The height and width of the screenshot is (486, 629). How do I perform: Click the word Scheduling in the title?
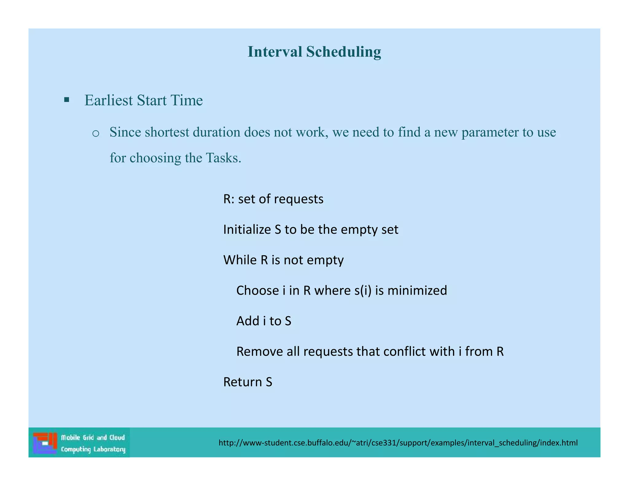coord(343,52)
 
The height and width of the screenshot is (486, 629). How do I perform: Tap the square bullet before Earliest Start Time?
coord(67,100)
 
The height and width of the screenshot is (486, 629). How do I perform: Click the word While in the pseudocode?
coord(240,260)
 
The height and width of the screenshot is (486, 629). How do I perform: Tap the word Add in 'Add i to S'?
coord(248,321)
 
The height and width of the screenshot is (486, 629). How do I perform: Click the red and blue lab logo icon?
coord(45,443)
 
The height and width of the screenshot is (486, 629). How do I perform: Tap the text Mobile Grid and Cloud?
coord(93,437)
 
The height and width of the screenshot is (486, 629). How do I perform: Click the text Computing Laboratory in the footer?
coord(93,449)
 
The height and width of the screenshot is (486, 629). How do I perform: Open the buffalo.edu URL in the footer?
coord(398,443)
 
